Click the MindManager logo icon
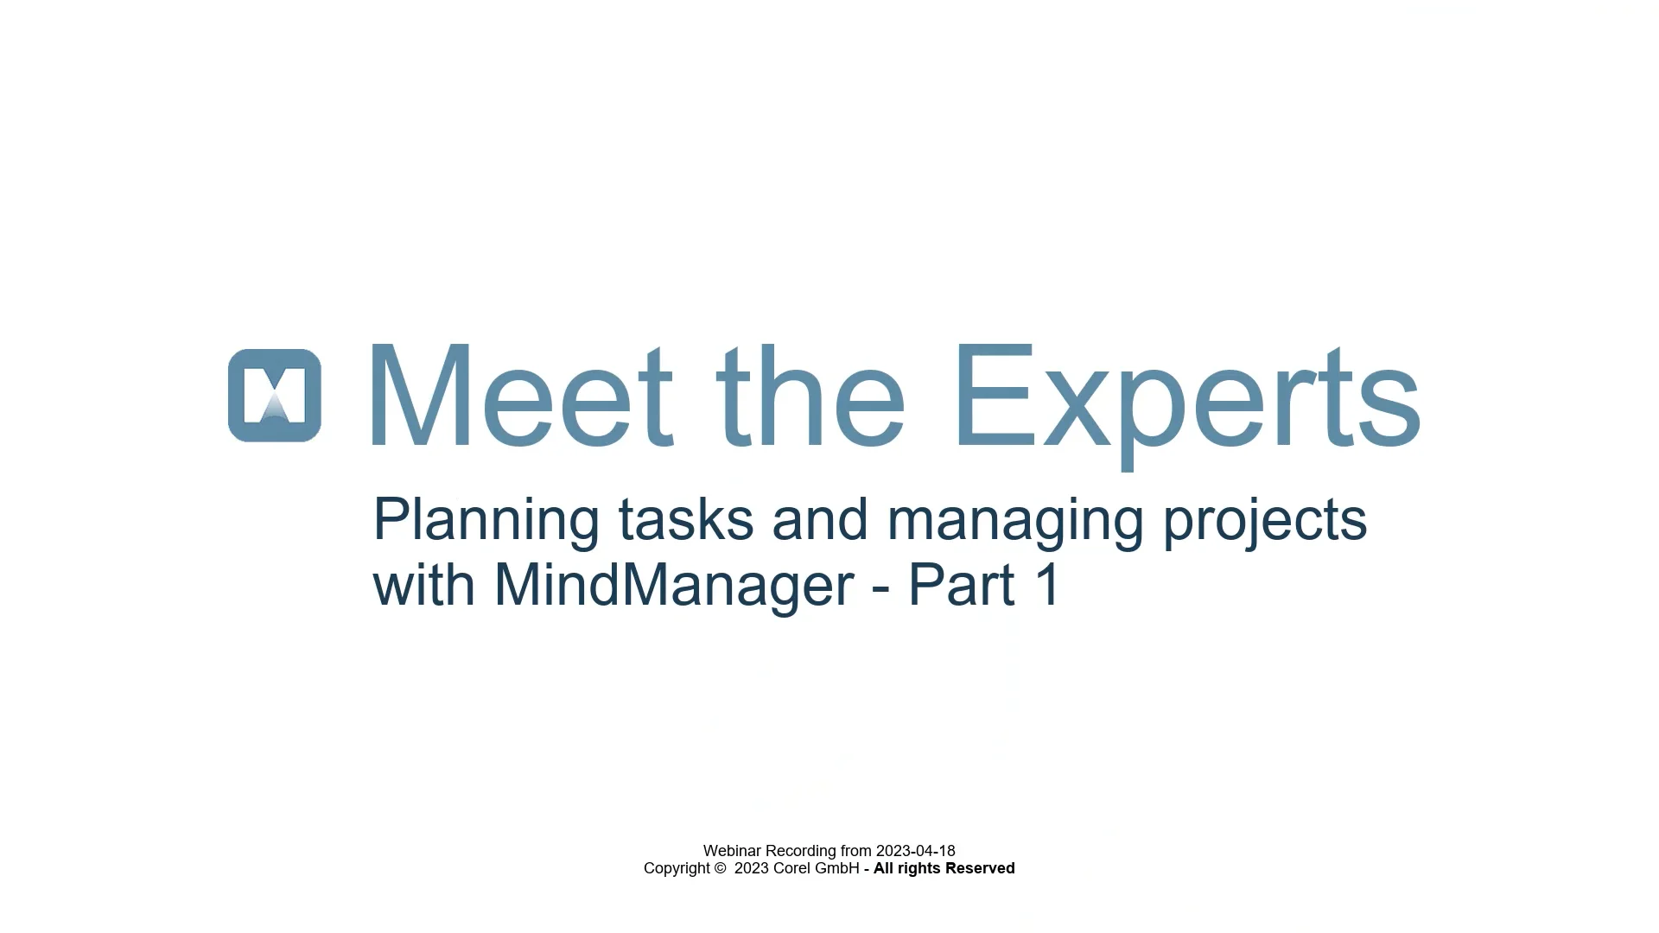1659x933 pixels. pos(275,396)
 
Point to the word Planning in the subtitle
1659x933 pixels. pos(486,520)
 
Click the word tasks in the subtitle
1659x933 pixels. pos(685,520)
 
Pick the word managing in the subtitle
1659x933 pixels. pos(1015,520)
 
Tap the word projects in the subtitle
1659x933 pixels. pos(1265,520)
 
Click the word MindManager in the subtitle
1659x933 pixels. pos(673,586)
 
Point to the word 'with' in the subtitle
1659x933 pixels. pos(423,586)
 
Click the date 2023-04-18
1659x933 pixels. pos(915,851)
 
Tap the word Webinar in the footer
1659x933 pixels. pos(733,851)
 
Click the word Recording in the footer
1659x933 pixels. pos(801,851)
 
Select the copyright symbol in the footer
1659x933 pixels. pos(721,868)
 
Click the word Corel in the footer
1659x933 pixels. pos(791,868)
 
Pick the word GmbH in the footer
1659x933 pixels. pos(837,868)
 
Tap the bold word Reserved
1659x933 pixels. pos(980,868)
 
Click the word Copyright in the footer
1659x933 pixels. pos(677,868)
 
